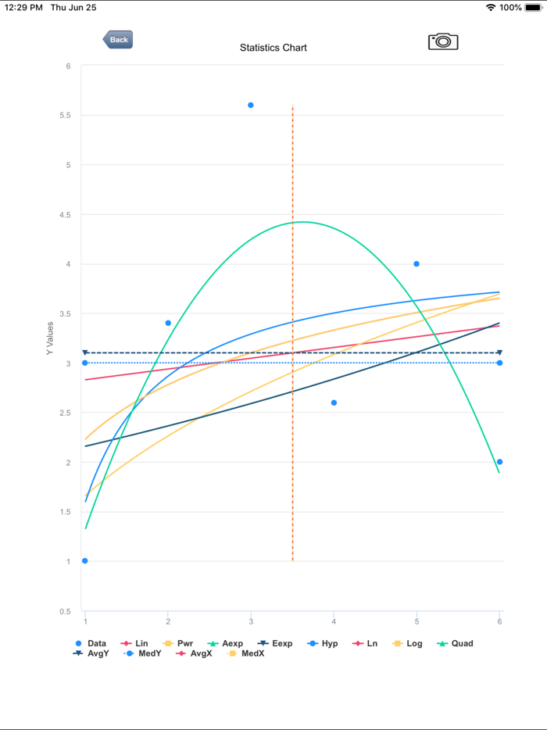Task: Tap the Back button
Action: coord(118,40)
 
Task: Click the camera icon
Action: coord(443,41)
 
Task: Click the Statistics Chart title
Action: coord(273,48)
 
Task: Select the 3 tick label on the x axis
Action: coord(251,621)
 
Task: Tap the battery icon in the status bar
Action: coord(534,8)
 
